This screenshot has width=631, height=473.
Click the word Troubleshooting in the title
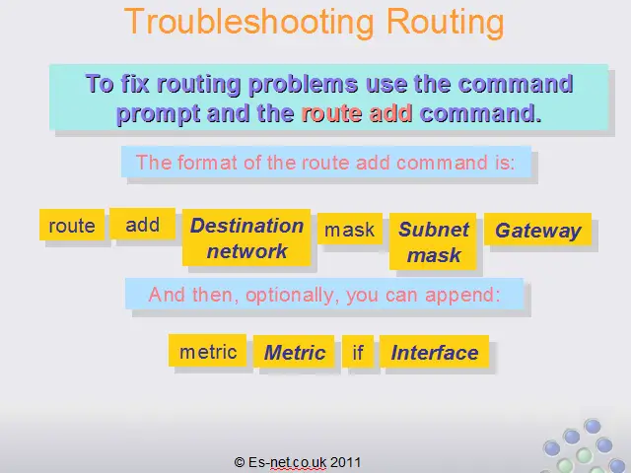coord(248,22)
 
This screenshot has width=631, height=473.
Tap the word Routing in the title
coord(445,22)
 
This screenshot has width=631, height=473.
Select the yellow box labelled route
coord(72,225)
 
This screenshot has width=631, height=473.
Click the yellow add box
coord(142,224)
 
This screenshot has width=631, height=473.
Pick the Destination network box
coord(246,237)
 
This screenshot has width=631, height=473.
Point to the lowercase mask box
coord(350,229)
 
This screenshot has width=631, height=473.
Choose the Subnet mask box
coord(433,241)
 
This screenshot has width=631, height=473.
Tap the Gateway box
coord(538,230)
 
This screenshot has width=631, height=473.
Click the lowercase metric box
coord(208,351)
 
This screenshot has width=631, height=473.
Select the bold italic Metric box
coord(294,352)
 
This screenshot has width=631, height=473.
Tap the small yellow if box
coord(358,352)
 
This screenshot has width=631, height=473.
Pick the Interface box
coord(434,352)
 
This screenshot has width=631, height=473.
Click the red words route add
coord(357,113)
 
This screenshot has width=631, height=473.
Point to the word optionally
coord(290,296)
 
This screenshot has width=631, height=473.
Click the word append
coord(462,296)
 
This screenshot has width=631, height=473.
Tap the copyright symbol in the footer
coord(239,462)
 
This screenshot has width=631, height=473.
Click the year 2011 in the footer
coord(345,462)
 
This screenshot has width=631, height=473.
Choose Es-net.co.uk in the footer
coord(287,462)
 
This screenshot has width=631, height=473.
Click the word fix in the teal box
coord(135,84)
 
